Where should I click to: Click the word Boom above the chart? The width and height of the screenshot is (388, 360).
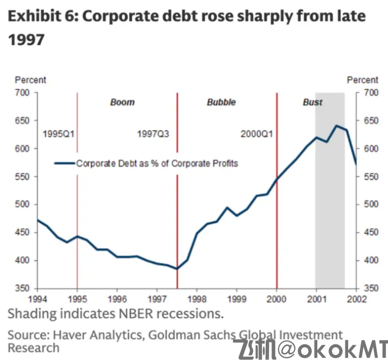pyautogui.click(x=122, y=103)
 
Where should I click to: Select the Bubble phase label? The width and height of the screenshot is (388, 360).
pyautogui.click(x=221, y=103)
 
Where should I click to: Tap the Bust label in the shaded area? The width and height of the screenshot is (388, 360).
pyautogui.click(x=312, y=103)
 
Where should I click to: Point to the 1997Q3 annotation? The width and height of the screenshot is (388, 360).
pyautogui.click(x=153, y=135)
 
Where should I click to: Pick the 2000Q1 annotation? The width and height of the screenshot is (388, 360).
pyautogui.click(x=257, y=135)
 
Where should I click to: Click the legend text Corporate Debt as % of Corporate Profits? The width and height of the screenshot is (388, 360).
pyautogui.click(x=157, y=164)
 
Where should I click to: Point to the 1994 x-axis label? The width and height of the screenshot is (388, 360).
pyautogui.click(x=37, y=299)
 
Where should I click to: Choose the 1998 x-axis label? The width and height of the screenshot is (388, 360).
pyautogui.click(x=197, y=299)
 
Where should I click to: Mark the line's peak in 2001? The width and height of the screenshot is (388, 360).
pyautogui.click(x=336, y=126)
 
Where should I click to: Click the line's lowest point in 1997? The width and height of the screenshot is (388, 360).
pyautogui.click(x=177, y=269)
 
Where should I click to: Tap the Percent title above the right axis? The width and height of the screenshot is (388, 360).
pyautogui.click(x=362, y=80)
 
